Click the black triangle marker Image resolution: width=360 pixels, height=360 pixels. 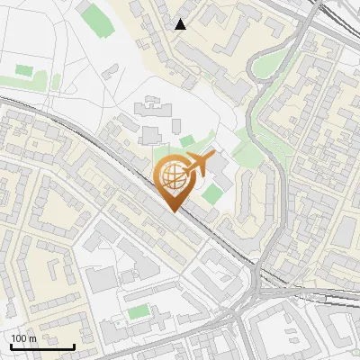click(181, 24)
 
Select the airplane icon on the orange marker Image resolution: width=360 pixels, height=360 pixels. click(197, 166)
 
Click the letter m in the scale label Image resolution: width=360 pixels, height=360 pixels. click(32, 338)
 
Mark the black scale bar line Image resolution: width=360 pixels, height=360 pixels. click(42, 346)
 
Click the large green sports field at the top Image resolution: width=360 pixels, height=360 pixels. click(94, 18)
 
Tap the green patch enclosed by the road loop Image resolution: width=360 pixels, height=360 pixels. click(266, 66)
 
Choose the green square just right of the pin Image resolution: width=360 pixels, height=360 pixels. click(212, 193)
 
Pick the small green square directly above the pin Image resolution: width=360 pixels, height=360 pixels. click(187, 141)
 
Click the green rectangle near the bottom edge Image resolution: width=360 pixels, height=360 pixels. click(138, 312)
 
